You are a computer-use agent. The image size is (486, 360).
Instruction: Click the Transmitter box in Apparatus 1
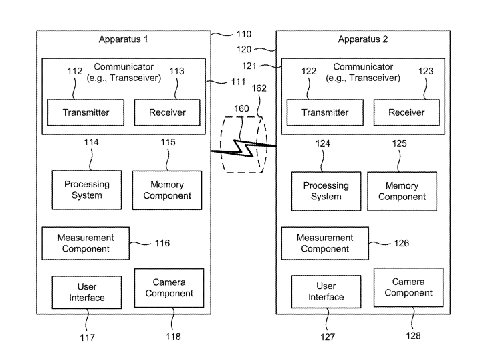pyautogui.click(x=86, y=112)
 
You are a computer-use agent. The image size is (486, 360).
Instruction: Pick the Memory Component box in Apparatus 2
pyautogui.click(x=402, y=191)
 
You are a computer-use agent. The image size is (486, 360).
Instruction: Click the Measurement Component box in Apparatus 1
pyautogui.click(x=86, y=243)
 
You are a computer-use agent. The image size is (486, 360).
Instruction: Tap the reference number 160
pyautogui.click(x=241, y=107)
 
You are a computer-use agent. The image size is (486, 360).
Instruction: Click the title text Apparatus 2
pyautogui.click(x=362, y=39)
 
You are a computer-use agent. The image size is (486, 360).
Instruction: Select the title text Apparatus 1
pyautogui.click(x=123, y=39)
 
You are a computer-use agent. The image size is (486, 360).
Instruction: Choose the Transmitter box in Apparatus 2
pyautogui.click(x=325, y=112)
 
